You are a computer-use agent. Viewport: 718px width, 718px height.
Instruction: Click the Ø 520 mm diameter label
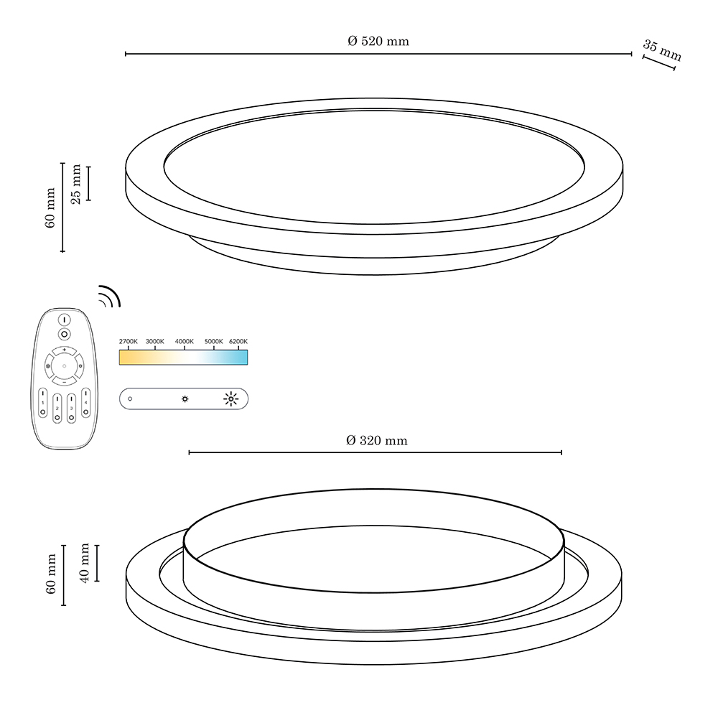[378, 41]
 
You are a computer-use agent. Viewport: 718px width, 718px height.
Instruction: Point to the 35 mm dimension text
[663, 50]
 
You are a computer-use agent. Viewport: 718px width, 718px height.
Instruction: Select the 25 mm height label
[76, 184]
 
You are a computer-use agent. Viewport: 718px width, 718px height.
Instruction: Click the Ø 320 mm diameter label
[377, 441]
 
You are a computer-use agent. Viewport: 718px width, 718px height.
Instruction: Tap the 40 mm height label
[85, 563]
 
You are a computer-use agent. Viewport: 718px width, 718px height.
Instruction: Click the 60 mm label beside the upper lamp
[50, 208]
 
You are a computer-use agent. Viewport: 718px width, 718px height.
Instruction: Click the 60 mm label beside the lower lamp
[51, 574]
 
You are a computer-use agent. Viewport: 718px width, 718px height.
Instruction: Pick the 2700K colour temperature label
[129, 342]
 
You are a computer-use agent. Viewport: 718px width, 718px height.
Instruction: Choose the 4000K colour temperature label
[185, 342]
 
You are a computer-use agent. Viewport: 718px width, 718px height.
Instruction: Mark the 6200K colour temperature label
[238, 342]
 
